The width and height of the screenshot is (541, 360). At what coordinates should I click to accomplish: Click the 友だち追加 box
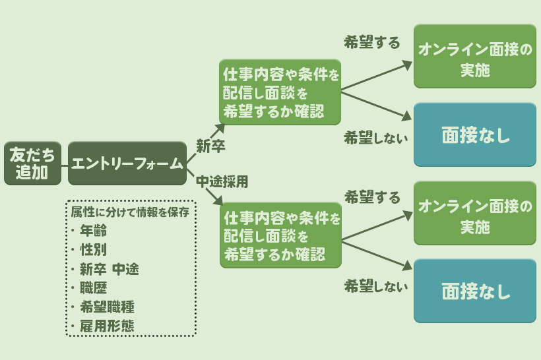click(32, 163)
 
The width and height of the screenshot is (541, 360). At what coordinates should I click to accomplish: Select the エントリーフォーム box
click(127, 163)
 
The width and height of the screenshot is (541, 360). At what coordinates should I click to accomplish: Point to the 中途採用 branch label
click(222, 179)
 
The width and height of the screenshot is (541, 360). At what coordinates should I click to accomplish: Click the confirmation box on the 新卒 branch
click(280, 92)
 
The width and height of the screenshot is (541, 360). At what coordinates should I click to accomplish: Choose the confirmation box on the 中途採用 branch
click(280, 235)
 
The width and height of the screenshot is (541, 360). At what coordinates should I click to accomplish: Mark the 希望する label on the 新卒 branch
click(372, 43)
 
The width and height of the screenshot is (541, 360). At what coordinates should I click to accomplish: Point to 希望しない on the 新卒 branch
click(376, 138)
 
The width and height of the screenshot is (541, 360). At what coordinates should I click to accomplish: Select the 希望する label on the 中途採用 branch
click(372, 197)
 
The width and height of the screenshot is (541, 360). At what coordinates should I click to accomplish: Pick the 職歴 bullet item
click(93, 287)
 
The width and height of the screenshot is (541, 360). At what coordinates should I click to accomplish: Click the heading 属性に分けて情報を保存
click(131, 212)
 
